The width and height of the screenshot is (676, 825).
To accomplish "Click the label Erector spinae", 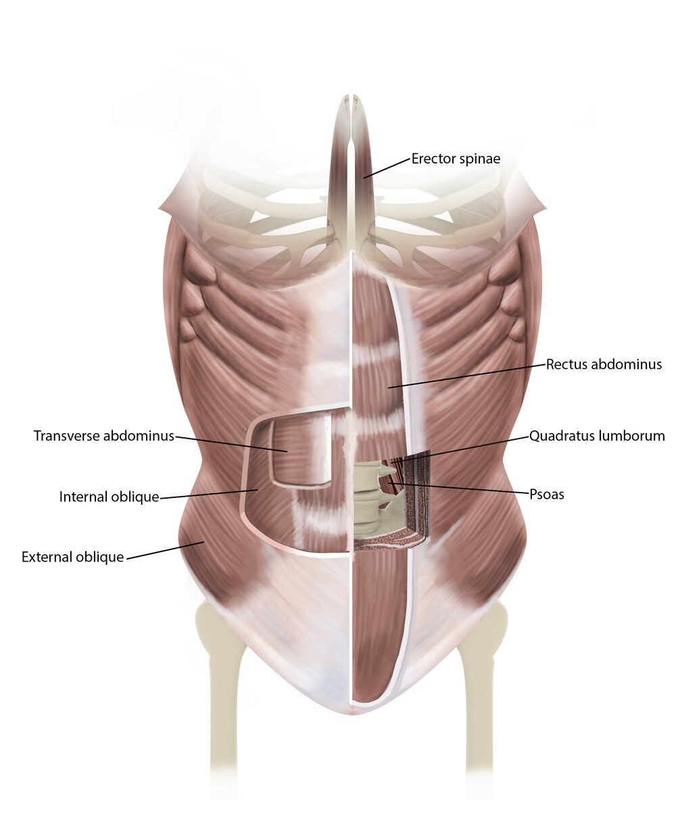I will point(455,159).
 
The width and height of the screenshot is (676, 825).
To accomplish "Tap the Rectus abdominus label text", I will point(604,365).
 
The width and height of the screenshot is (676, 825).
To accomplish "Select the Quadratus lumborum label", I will point(597,436).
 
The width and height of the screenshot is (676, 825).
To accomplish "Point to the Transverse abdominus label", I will point(104,436).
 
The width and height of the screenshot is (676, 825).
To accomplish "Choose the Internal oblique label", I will point(109,497).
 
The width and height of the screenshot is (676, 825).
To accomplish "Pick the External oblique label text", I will point(73,557).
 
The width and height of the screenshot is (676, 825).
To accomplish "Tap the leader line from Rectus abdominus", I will point(466,376).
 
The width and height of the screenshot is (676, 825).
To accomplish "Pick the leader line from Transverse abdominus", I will point(230,443).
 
